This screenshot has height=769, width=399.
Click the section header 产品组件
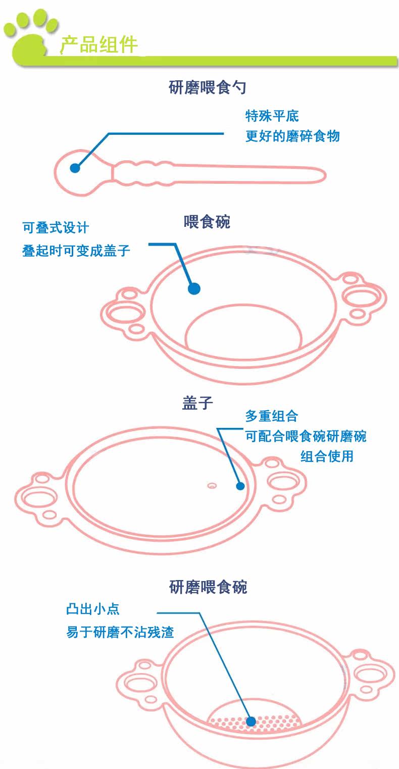(99, 45)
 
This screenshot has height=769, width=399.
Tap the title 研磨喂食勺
(207, 88)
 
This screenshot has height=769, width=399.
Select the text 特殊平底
(272, 116)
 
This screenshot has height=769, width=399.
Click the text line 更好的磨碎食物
(292, 136)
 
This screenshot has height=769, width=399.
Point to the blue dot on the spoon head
(75, 168)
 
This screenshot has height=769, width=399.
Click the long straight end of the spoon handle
(283, 174)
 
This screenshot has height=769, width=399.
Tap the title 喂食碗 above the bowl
(207, 222)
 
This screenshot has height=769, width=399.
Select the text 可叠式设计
(56, 228)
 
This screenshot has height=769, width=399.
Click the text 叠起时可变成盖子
(76, 250)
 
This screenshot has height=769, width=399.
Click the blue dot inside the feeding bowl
(194, 289)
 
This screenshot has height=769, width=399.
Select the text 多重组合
(271, 416)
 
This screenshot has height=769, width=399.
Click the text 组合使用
(327, 456)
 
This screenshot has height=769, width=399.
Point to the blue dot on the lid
(240, 486)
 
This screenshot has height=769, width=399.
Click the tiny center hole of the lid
(212, 486)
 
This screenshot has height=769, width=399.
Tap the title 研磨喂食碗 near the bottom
(208, 587)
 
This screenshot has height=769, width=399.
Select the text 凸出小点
(93, 609)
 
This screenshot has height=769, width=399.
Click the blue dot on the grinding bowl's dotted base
(251, 722)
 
